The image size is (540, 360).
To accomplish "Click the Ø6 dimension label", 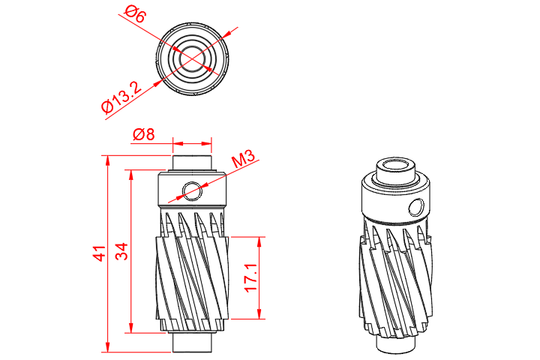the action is tap(135, 13).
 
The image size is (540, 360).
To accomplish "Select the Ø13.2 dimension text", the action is tap(121, 97).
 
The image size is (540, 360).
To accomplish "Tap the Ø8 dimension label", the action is tap(143, 134).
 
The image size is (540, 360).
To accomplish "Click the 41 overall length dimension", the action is tap(99, 253).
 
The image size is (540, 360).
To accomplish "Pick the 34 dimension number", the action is tap(121, 251).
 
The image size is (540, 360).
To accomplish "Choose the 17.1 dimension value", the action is tap(251, 277).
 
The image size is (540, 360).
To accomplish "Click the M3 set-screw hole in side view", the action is tap(192, 190).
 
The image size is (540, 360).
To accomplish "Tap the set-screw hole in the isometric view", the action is tap(417, 208).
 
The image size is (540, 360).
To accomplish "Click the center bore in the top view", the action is tap(192, 58).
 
